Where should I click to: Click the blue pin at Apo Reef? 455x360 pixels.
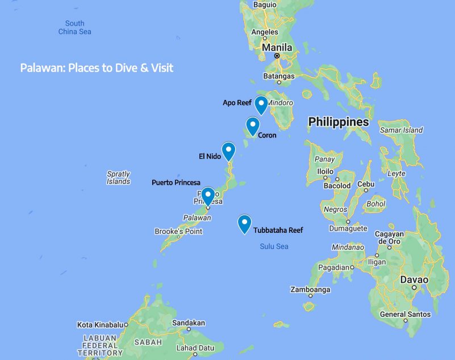pos(261,104)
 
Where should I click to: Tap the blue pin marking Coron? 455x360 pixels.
pos(253,125)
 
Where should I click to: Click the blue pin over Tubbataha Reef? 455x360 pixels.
pos(244,223)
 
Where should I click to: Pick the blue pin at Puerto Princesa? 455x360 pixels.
pos(208,195)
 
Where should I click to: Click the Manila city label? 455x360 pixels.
pos(277,48)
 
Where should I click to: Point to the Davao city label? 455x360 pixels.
pos(414,280)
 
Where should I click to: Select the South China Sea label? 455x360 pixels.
pos(74,27)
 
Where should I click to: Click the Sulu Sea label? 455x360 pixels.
pos(274,246)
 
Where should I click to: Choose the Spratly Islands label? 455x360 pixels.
pos(118,178)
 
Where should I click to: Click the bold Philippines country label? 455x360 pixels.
pos(338,122)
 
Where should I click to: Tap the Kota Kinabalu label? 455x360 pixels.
pos(99,325)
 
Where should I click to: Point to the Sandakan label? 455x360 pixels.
pos(189,323)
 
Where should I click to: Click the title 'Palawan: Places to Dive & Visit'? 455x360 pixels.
pos(97,68)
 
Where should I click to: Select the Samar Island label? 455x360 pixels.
pos(402,130)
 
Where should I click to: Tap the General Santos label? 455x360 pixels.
pos(405,314)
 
